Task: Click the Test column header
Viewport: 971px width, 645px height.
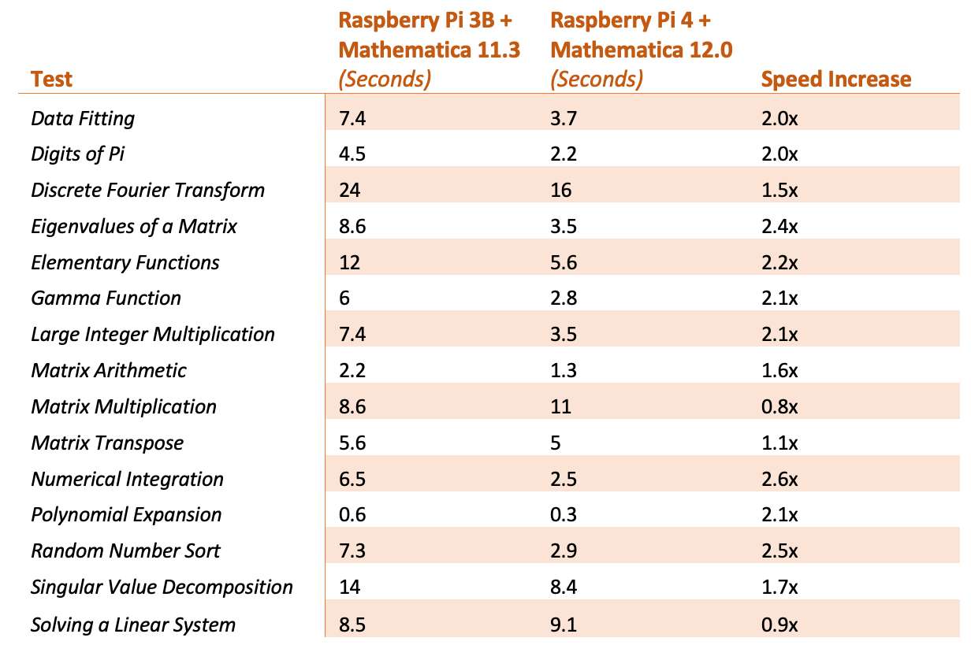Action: pos(52,79)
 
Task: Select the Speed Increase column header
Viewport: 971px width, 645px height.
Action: pos(835,79)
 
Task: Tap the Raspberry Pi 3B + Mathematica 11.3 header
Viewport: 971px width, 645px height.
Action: pos(429,49)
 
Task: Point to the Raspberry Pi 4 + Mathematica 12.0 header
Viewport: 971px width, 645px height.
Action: pos(642,49)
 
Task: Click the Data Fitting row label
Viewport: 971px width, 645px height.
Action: pos(83,118)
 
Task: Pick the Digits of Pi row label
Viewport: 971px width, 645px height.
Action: pos(78,154)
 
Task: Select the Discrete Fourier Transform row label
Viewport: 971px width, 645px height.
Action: pos(147,190)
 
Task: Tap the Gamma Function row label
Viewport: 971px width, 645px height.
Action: pos(106,298)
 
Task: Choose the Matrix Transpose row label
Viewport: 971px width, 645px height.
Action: pos(107,443)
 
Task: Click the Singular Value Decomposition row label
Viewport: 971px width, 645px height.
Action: pos(162,587)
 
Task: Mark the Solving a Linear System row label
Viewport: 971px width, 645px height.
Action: pos(133,625)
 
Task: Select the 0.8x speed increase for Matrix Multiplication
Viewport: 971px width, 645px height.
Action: pos(779,406)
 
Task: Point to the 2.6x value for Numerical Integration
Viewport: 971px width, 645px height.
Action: pos(779,479)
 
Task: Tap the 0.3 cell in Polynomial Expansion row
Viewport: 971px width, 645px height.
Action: pos(564,515)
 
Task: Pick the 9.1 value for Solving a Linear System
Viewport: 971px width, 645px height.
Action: pos(564,625)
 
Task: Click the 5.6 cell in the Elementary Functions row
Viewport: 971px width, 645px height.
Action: pos(564,262)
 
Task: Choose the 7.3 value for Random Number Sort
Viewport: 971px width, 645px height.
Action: pos(352,551)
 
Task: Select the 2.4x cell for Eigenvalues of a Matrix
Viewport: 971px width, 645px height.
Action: pos(779,226)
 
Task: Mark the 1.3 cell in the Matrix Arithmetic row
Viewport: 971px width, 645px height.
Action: pos(564,370)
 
